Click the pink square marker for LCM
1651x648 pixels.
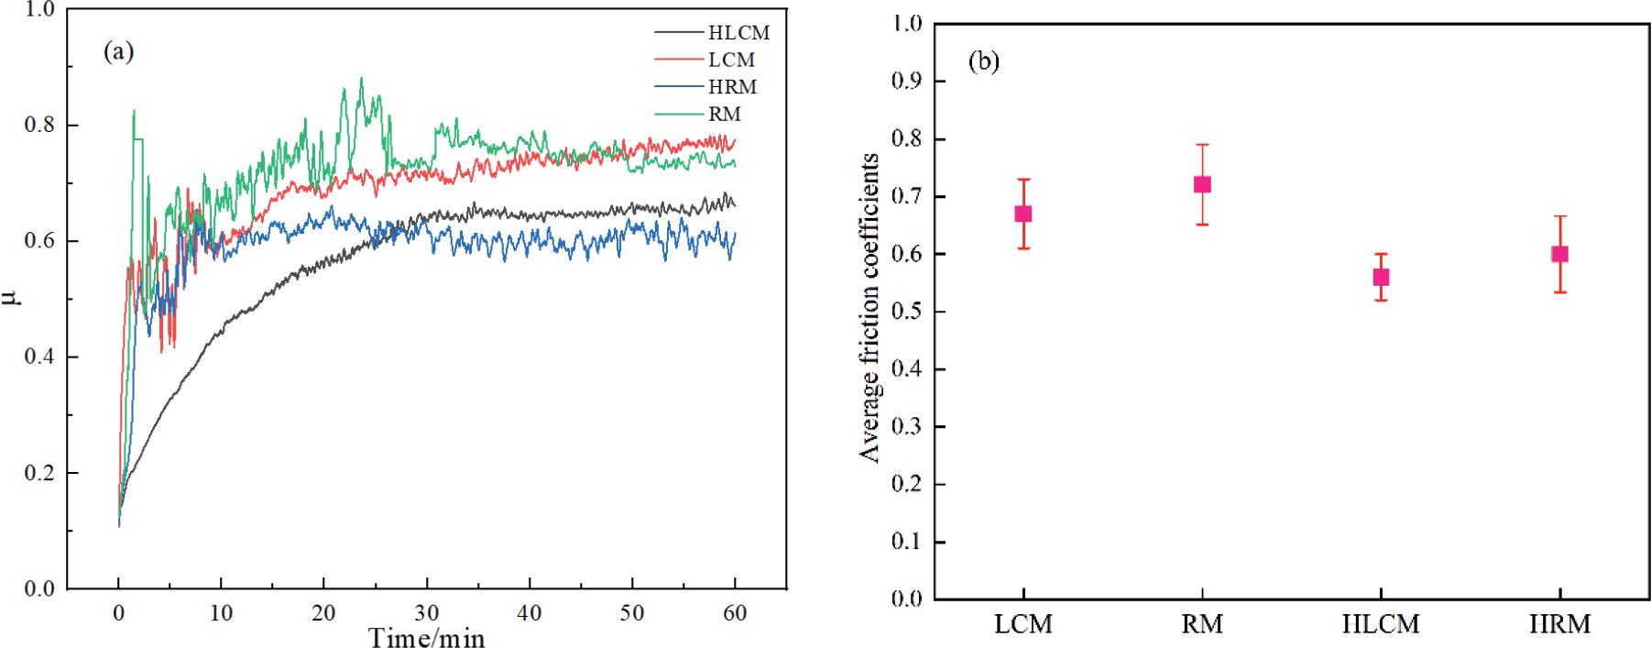click(x=1023, y=214)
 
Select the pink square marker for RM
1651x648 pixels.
click(x=1202, y=184)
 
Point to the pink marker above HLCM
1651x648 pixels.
click(x=1381, y=277)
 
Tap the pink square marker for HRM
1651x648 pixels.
click(x=1559, y=254)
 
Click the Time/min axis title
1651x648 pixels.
click(x=426, y=636)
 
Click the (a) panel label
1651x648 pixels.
click(x=119, y=52)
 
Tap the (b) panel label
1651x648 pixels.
click(x=984, y=63)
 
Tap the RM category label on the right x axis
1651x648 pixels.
click(x=1202, y=625)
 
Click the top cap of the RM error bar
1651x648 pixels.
click(x=1202, y=144)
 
